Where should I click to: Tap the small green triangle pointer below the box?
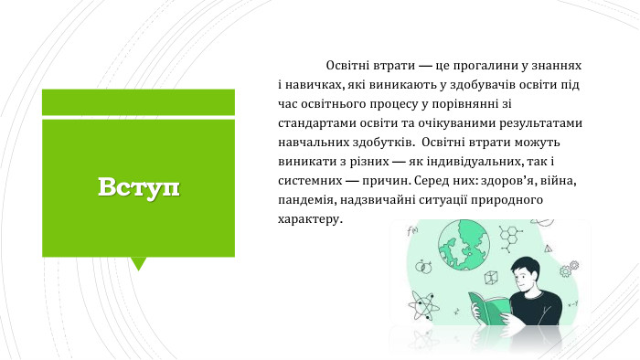tap(139, 263)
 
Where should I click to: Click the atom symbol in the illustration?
tap(422, 301)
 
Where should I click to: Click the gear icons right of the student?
tap(571, 269)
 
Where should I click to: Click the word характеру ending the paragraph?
tap(308, 219)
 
